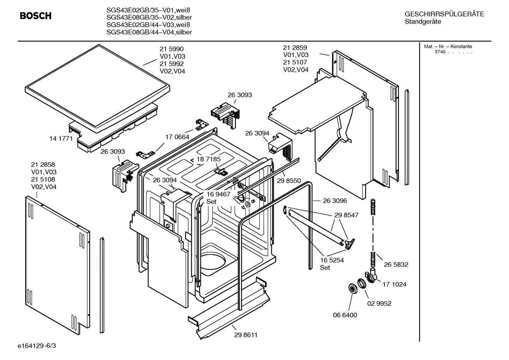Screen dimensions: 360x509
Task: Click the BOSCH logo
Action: coord(35,16)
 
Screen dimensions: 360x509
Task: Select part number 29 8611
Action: coord(246,335)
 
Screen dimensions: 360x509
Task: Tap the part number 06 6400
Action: coord(345,315)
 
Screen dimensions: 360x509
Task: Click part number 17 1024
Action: coord(394,284)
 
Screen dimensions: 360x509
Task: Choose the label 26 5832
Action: coord(396,264)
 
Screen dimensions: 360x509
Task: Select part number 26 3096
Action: coord(335,201)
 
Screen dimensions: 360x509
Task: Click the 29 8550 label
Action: coord(289,181)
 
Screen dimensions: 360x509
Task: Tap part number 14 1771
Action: coord(61,138)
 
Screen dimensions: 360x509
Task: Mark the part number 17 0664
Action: coord(177,137)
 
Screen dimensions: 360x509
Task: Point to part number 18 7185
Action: coord(209,159)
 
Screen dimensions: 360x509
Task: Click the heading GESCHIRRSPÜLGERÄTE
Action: coord(444,14)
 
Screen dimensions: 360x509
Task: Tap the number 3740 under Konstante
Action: coord(439,52)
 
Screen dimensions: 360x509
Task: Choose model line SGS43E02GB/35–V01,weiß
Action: coord(145,10)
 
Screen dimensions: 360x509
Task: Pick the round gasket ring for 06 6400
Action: coord(352,288)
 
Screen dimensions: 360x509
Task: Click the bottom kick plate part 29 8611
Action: coord(229,307)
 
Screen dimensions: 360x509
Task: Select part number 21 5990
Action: coord(172,49)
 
